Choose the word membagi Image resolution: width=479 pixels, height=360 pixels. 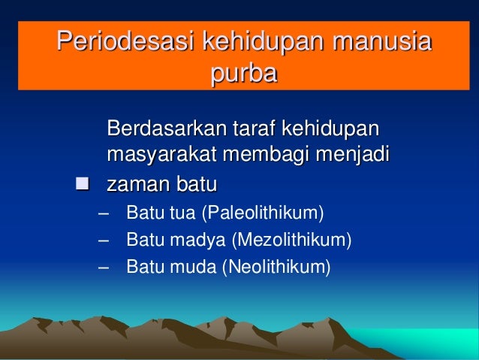(x=258, y=156)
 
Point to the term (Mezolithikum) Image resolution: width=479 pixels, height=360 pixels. (x=291, y=240)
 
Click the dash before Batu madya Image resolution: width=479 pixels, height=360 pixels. (x=102, y=240)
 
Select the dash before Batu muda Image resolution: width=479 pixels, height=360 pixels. (x=102, y=266)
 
